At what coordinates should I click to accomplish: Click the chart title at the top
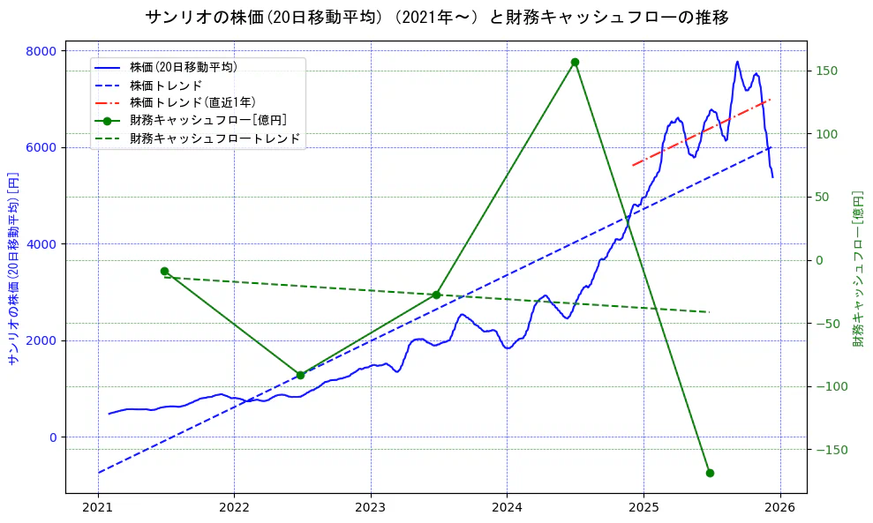tap(436, 18)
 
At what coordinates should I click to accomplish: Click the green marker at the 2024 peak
tap(575, 63)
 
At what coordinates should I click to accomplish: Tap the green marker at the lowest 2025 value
tap(710, 473)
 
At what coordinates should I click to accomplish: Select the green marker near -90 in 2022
tap(300, 375)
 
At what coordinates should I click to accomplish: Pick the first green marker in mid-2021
tap(164, 271)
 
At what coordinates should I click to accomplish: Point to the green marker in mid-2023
tap(436, 295)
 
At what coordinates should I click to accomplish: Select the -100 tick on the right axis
tap(830, 386)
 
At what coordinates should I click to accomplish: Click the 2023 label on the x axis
tap(370, 509)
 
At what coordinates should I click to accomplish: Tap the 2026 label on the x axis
tap(779, 509)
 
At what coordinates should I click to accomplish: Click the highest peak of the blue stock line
tap(737, 62)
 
